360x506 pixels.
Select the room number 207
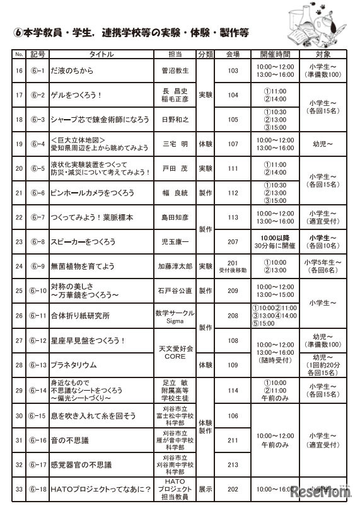pyautogui.click(x=233, y=242)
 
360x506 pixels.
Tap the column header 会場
pyautogui.click(x=233, y=54)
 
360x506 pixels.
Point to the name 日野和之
pyautogui.click(x=175, y=119)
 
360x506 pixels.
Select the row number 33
pyautogui.click(x=19, y=489)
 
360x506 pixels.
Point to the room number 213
pyautogui.click(x=233, y=465)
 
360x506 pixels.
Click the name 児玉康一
pyautogui.click(x=175, y=242)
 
